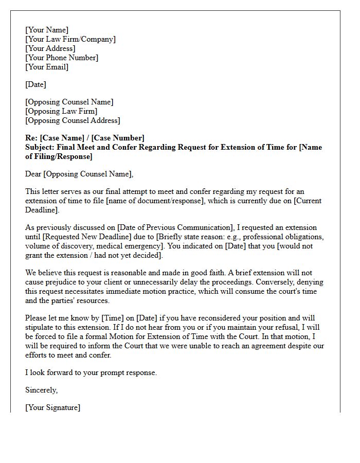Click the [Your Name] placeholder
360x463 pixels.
[47, 30]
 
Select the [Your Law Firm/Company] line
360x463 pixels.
[70, 39]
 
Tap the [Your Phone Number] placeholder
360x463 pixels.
[62, 58]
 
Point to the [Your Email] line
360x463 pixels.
[47, 67]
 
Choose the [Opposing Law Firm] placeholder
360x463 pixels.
[61, 111]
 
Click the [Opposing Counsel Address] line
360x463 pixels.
[73, 120]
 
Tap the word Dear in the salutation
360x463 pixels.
[34, 174]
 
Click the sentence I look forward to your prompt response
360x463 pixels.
[91, 372]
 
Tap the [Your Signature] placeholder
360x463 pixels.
[52, 407]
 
